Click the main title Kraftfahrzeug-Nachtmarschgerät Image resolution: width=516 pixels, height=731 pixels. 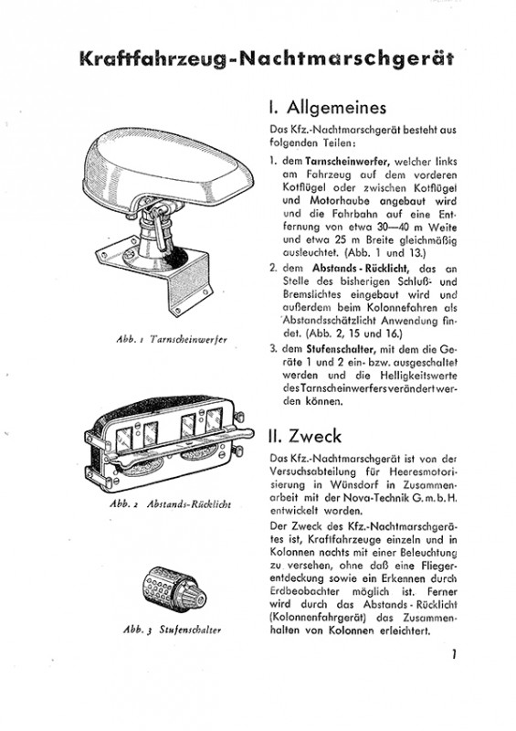(x=267, y=59)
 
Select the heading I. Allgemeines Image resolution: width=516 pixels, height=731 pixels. (x=328, y=108)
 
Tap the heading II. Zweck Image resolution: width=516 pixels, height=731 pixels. (x=305, y=436)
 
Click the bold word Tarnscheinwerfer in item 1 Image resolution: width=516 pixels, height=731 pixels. (x=347, y=162)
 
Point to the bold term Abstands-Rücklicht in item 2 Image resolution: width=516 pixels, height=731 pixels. (x=361, y=269)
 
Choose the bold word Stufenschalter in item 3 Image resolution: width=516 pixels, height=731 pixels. (x=341, y=349)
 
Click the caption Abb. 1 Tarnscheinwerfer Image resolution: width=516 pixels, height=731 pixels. (x=172, y=339)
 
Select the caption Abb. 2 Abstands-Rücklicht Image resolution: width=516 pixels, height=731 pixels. (x=171, y=504)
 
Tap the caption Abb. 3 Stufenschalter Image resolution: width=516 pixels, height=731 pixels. (x=172, y=630)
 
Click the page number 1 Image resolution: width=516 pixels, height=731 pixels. (x=453, y=654)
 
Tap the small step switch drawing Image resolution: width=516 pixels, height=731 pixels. (x=173, y=589)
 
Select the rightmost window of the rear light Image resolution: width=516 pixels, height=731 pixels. (x=214, y=420)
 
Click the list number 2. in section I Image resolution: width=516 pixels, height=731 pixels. (x=273, y=269)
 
